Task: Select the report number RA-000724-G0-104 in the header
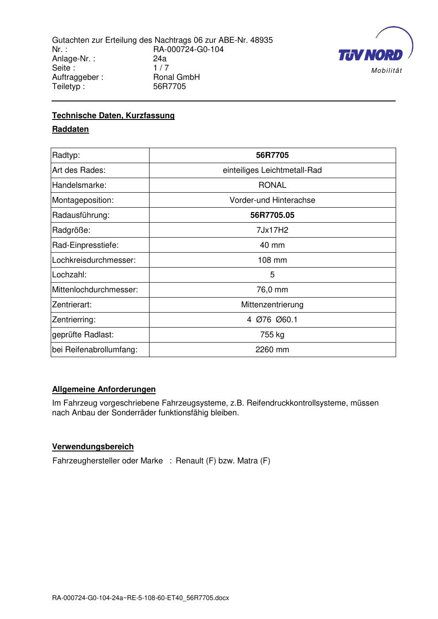click(188, 49)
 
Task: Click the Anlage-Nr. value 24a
click(160, 59)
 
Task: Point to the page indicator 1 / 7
click(161, 68)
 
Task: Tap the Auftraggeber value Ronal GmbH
click(176, 77)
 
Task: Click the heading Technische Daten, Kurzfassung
click(113, 116)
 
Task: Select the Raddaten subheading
click(71, 129)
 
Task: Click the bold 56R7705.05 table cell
click(272, 215)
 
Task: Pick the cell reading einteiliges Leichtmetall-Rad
click(272, 170)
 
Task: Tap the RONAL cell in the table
click(272, 185)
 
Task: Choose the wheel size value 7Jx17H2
click(272, 230)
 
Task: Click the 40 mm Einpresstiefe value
click(272, 245)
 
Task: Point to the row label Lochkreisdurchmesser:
click(94, 260)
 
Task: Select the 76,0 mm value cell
click(272, 290)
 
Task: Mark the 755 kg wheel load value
click(272, 335)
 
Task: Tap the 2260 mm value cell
click(272, 350)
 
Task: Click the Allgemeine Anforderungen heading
click(104, 389)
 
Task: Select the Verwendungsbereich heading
click(93, 447)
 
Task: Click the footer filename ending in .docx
click(141, 598)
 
